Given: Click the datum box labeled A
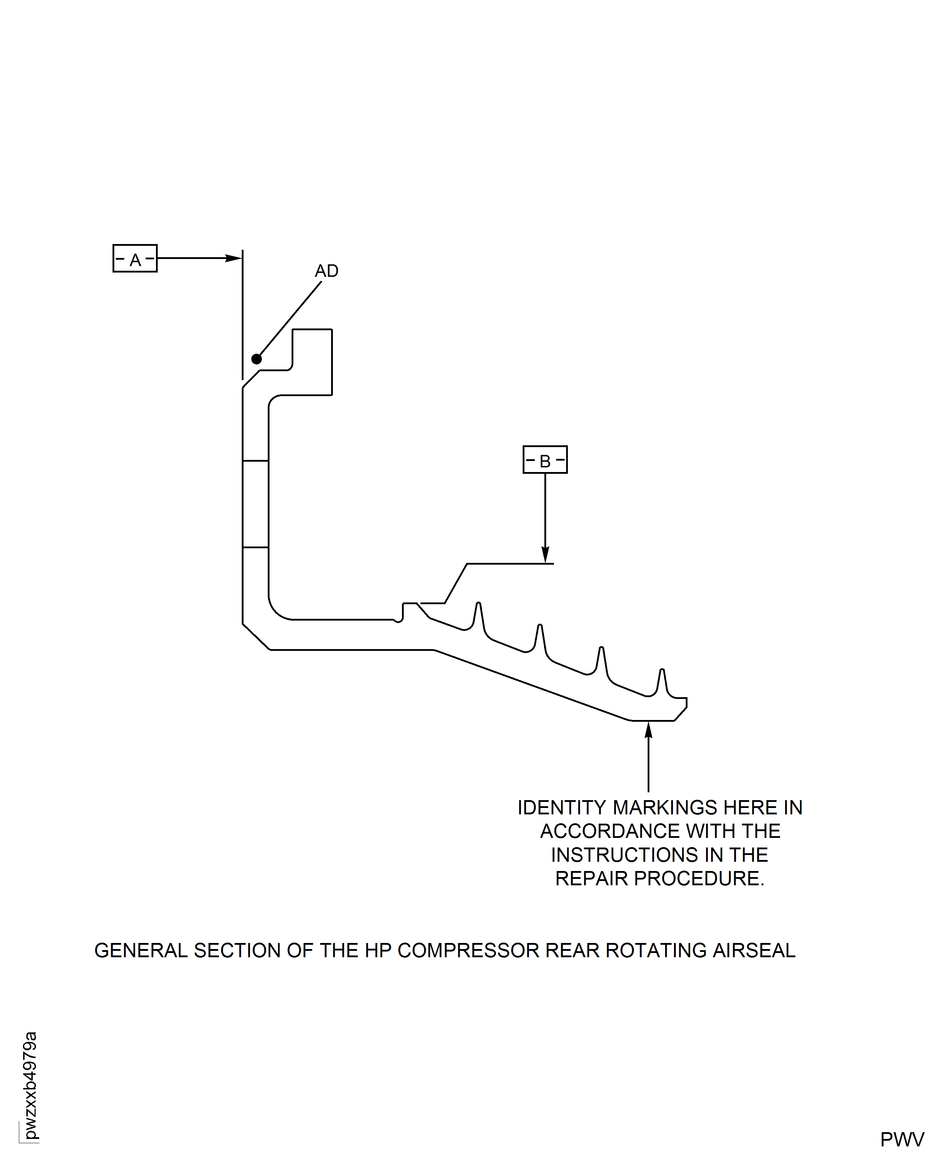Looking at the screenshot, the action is coord(135,258).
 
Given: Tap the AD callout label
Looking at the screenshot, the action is coord(327,271).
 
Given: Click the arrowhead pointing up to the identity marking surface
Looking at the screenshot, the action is coord(648,730).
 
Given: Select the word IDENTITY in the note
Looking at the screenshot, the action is coord(561,808).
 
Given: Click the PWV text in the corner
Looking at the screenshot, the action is coord(902,1139).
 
